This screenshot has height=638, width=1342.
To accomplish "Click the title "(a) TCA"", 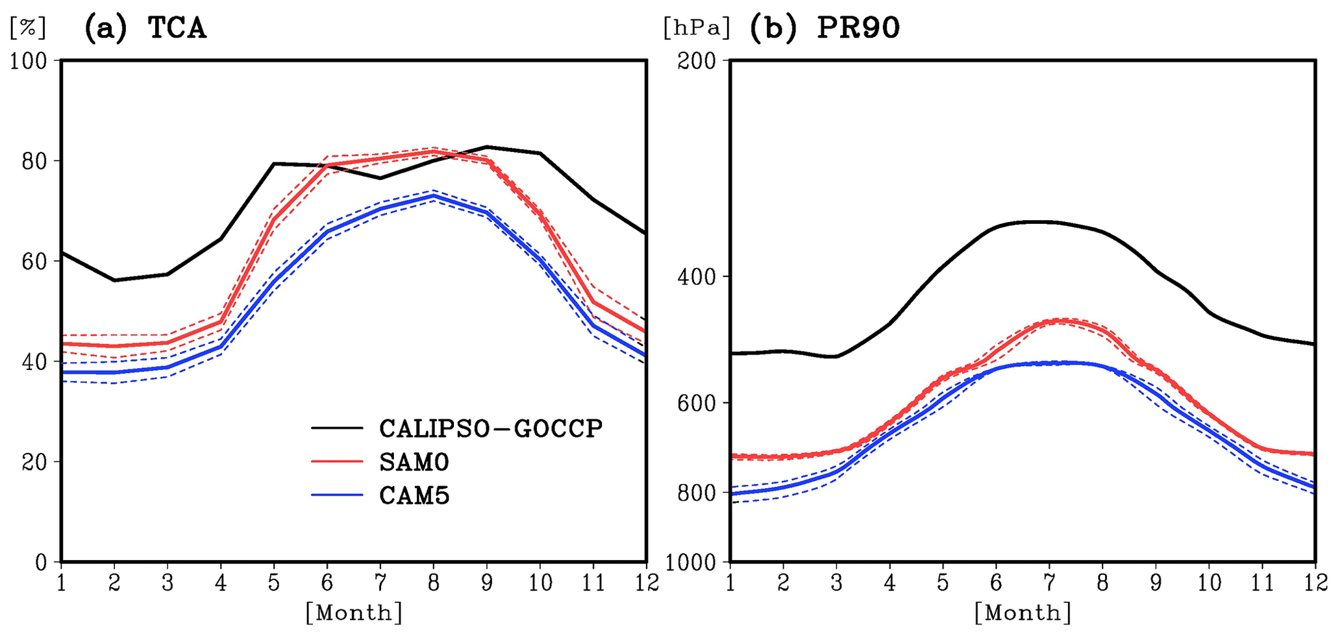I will coord(145,29).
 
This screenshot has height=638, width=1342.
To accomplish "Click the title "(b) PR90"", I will coord(825,29).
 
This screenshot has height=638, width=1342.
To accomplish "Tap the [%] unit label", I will coord(28,28).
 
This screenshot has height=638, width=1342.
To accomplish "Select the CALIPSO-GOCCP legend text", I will coord(491,428).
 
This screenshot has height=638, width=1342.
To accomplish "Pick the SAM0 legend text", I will coord(414,462).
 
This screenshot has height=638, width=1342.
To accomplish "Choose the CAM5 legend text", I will coord(414,496).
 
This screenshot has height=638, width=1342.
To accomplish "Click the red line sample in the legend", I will coord(337,461).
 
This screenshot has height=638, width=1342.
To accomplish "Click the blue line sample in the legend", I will coord(337,495).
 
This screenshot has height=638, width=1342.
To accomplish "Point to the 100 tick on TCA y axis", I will coord(29,61).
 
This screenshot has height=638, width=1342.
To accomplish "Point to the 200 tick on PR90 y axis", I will coord(697,61).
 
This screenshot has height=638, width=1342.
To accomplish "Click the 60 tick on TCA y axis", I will coord(35,262).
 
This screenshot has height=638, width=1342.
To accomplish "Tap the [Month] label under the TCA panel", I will coord(354,612).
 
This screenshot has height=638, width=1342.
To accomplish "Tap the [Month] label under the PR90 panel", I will coord(1023,612).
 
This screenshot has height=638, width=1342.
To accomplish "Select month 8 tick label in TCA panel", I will coord(434,583).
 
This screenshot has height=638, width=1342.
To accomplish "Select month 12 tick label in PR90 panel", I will coord(1315,583).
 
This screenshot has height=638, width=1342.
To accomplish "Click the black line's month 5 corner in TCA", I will coord(274,164).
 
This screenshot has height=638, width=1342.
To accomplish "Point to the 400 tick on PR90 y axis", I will coord(697,277).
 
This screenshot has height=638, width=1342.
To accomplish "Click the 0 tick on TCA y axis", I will coord(42,562).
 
